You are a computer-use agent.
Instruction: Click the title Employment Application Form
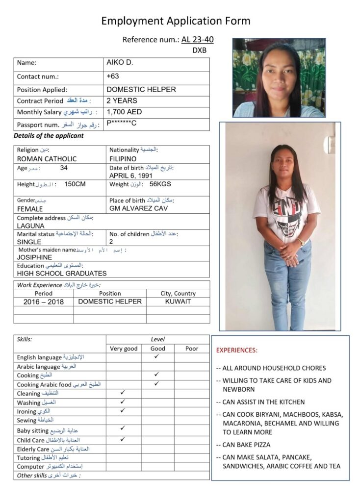[176, 21]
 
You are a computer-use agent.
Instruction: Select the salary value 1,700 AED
[124, 112]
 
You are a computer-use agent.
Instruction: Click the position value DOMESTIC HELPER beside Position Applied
[141, 90]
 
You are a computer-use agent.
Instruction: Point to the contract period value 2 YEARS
[122, 100]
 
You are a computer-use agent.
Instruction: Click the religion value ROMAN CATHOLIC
[47, 159]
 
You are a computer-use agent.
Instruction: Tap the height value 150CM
[75, 184]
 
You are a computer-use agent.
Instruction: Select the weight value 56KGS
[160, 184]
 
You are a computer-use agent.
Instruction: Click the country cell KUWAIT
[178, 301]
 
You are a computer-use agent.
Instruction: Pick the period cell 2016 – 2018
[44, 302]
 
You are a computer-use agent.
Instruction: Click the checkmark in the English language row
[156, 356]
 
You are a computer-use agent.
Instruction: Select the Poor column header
[192, 349]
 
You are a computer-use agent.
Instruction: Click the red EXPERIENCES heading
[236, 351]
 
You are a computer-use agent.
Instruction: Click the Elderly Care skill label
[33, 449]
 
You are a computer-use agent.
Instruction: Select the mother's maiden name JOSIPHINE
[34, 257]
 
